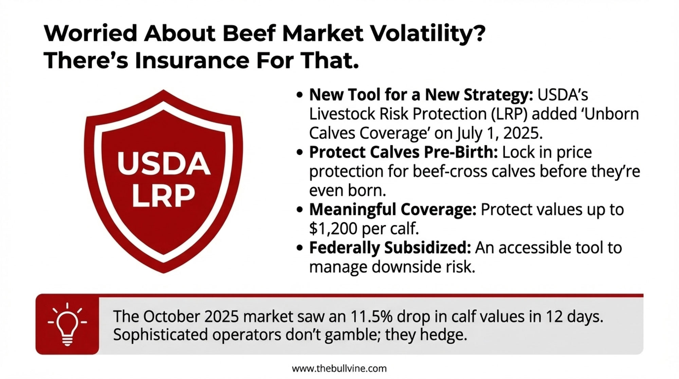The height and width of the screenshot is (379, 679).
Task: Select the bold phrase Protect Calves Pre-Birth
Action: coord(403,152)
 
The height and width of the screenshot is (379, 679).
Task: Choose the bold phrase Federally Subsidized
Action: coord(390,248)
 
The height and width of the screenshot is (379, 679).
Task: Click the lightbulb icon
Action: coord(67,324)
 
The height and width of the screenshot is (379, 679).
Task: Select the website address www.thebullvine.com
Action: coord(339,368)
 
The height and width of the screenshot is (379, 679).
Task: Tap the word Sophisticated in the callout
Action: coord(160,335)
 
